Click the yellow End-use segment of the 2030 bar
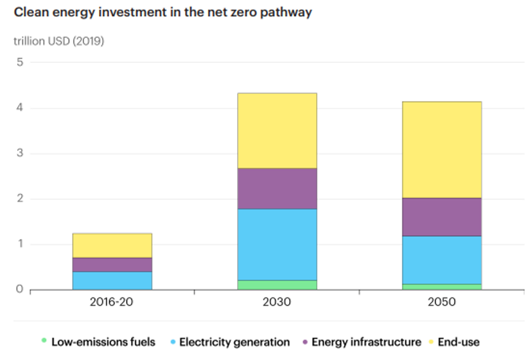click(x=277, y=130)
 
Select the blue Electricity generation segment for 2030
click(x=277, y=244)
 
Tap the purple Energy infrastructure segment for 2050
click(x=441, y=217)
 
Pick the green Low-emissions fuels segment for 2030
click(x=277, y=285)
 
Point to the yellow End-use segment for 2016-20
click(x=112, y=246)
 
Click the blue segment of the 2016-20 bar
click(x=112, y=280)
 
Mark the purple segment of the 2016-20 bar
click(x=112, y=264)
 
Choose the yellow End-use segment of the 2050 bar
click(x=441, y=149)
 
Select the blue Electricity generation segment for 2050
click(x=441, y=260)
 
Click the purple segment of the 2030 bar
click(x=277, y=188)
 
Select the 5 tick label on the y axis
click(x=20, y=62)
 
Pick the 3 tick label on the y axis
click(x=20, y=153)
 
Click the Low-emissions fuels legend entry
click(x=103, y=342)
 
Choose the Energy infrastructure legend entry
click(x=366, y=342)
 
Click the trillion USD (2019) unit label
click(x=58, y=41)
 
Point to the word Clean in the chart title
click(x=31, y=12)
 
